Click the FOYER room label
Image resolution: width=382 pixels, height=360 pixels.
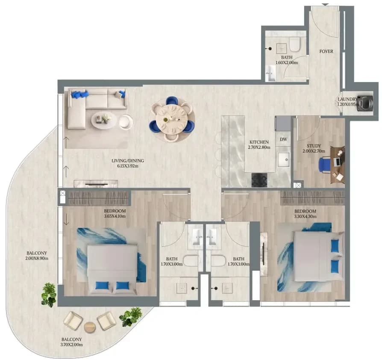[326, 51]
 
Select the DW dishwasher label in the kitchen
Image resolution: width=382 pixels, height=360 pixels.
[283, 139]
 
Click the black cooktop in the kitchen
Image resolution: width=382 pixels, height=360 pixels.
[259, 180]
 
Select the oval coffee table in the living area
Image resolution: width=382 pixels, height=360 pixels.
[104, 121]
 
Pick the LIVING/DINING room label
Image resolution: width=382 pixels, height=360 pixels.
[128, 161]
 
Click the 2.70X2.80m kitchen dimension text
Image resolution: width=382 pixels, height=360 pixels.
[259, 148]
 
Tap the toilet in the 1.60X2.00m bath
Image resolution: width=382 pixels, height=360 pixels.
[294, 44]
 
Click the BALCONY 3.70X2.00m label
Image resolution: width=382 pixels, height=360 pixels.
[72, 342]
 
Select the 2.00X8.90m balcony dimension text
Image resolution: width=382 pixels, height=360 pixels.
[37, 258]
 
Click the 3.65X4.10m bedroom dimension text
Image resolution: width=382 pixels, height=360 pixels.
[115, 216]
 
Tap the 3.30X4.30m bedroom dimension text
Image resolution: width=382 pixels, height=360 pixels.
[305, 216]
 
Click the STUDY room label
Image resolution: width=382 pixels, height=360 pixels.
[314, 146]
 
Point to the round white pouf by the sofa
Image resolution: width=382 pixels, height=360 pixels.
[126, 121]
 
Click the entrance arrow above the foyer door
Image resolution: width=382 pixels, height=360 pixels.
[325, 5]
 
